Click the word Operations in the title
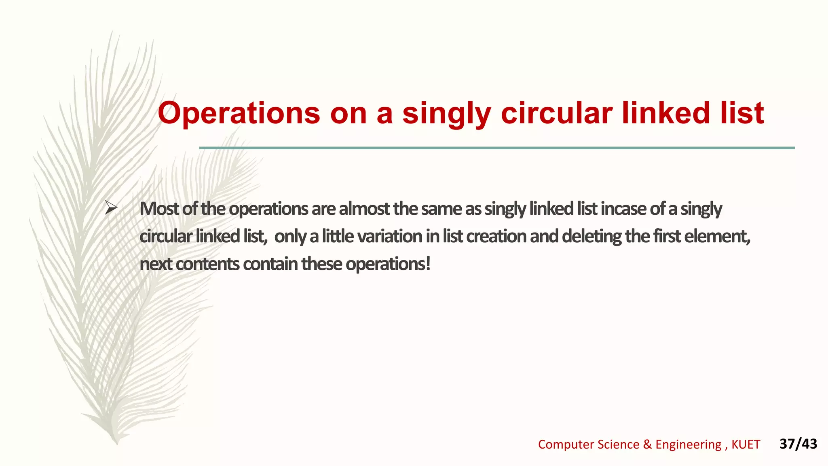pos(239,113)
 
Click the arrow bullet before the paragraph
pos(110,208)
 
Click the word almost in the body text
pos(364,209)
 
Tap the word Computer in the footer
pos(566,445)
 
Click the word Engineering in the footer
pos(688,445)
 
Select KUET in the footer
pos(746,445)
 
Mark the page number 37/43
pos(798,444)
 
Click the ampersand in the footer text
pos(647,445)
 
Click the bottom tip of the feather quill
pos(117,443)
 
